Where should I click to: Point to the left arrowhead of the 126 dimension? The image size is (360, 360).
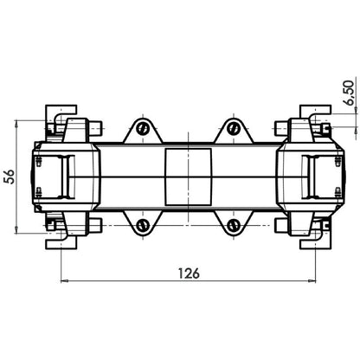coord(63,281)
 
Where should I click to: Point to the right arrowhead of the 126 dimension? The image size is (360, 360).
coord(312,281)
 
